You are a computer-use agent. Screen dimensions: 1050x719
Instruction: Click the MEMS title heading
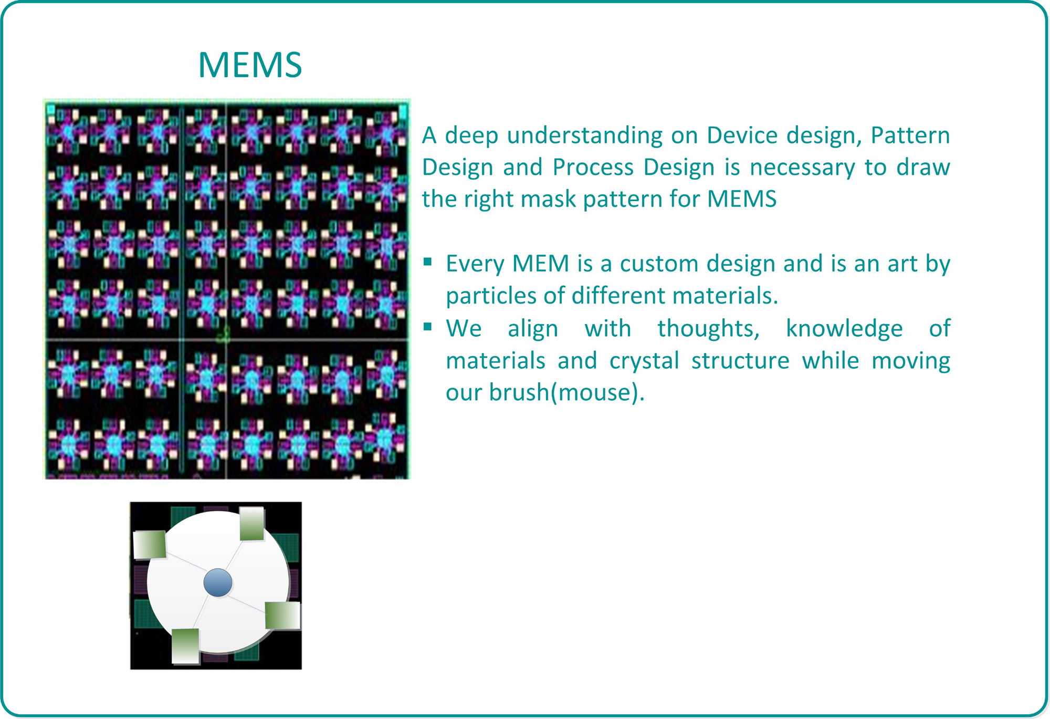tap(250, 65)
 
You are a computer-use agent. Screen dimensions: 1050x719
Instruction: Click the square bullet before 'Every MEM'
tap(428, 262)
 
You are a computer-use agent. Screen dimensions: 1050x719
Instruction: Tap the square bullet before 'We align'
tap(428, 327)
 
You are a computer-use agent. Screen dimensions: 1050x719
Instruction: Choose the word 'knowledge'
tap(844, 329)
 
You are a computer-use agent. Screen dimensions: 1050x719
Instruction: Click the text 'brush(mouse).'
tap(567, 393)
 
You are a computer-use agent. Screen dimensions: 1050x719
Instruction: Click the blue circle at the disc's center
tap(217, 582)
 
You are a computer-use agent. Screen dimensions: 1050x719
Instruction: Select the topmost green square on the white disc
tap(252, 524)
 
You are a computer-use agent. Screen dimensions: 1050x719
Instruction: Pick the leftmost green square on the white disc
tap(150, 545)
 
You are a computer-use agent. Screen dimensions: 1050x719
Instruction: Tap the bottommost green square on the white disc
tap(185, 646)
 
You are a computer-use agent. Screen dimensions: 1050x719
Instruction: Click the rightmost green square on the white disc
tap(282, 615)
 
